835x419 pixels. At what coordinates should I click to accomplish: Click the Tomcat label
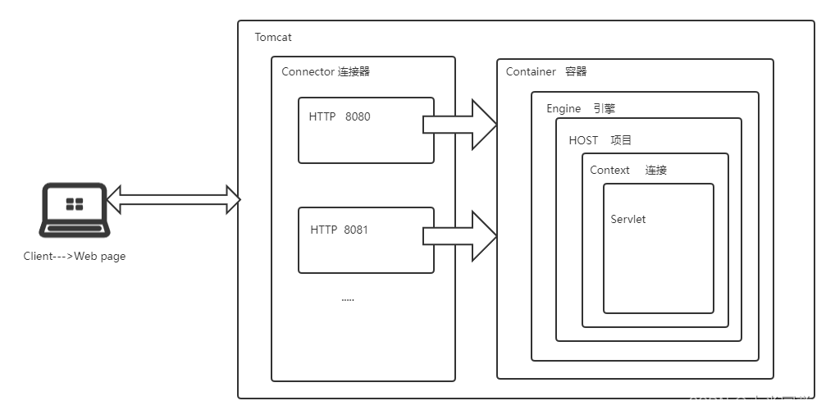click(x=273, y=38)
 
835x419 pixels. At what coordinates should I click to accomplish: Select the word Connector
click(x=308, y=72)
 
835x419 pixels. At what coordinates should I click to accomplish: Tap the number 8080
click(x=358, y=117)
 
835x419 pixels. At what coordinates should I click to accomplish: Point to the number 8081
click(x=356, y=230)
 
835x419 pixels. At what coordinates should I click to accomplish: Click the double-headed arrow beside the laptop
click(x=173, y=198)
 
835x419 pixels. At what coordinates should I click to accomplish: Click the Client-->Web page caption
click(x=75, y=257)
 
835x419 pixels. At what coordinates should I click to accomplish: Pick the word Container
click(x=531, y=72)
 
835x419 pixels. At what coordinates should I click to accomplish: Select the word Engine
click(x=564, y=109)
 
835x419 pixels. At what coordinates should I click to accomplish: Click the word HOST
click(x=583, y=141)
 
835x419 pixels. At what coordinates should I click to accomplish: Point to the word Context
click(x=609, y=171)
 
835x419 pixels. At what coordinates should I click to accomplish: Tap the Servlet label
click(x=628, y=220)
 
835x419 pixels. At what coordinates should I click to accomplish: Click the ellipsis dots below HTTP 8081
click(x=348, y=299)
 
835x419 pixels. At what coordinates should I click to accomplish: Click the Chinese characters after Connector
click(x=354, y=72)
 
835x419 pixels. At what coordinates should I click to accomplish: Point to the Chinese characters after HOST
click(x=621, y=141)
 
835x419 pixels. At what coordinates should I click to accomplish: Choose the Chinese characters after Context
click(x=655, y=171)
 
